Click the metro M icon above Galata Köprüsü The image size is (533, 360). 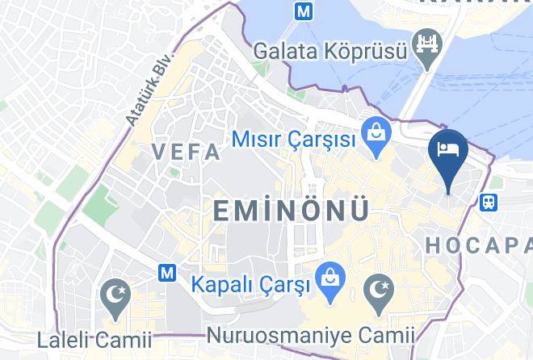[x=304, y=12]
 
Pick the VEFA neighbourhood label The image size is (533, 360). [x=186, y=152]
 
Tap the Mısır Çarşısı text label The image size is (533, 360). [x=294, y=140]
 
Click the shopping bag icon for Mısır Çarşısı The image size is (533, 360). [x=374, y=129]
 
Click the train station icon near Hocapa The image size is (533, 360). [x=489, y=202]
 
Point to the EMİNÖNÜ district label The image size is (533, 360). [x=292, y=211]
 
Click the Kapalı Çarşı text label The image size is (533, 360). [x=250, y=285]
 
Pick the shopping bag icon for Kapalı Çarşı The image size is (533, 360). [x=328, y=274]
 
